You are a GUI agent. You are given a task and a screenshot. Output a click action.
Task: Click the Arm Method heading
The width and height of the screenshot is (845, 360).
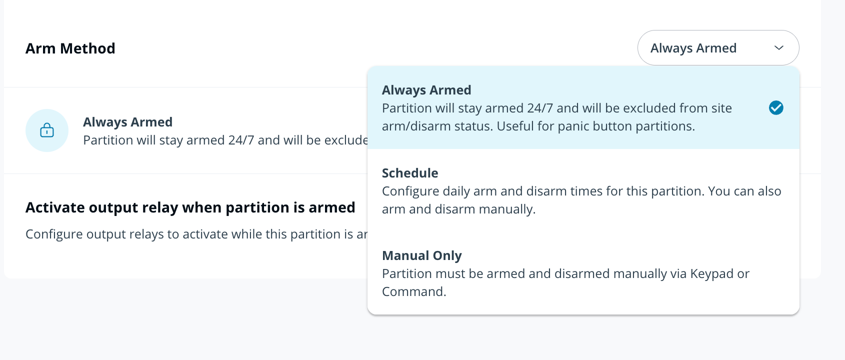(x=70, y=48)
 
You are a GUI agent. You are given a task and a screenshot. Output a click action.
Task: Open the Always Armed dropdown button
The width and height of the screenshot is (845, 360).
(x=718, y=48)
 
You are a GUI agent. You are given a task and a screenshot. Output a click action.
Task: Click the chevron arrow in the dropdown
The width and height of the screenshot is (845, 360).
(x=779, y=48)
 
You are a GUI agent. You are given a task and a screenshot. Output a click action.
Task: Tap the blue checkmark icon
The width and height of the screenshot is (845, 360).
(x=776, y=108)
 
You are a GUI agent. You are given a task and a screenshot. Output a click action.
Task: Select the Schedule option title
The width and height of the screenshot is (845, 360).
(x=410, y=173)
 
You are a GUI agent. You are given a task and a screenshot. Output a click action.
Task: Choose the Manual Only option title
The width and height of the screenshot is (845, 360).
(x=421, y=255)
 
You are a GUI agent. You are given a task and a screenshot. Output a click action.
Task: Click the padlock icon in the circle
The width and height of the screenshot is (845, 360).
(x=47, y=130)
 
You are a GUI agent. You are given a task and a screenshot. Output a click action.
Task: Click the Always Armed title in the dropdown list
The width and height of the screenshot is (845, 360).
(x=426, y=90)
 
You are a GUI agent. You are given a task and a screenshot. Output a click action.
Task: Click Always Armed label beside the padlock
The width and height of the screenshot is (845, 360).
(x=127, y=122)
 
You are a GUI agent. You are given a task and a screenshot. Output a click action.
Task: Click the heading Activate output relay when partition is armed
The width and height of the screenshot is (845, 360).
(x=190, y=207)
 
